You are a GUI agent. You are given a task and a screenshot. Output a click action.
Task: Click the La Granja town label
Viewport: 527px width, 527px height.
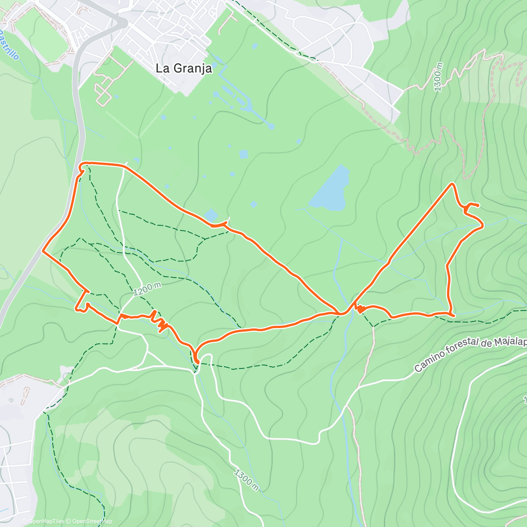coord(184,69)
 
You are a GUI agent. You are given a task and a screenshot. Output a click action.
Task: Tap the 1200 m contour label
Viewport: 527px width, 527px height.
coord(146,289)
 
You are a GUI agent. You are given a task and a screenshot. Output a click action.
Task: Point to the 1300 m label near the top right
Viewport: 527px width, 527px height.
coord(439,77)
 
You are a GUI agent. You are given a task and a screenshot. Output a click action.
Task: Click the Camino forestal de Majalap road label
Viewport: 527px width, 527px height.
coord(470,354)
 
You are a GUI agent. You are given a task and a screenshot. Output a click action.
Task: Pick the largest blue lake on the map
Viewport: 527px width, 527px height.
coord(330,189)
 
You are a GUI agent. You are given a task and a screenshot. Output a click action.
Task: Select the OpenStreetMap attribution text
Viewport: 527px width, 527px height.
coord(90,521)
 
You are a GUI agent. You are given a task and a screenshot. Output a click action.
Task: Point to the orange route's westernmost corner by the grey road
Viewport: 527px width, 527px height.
coord(43,251)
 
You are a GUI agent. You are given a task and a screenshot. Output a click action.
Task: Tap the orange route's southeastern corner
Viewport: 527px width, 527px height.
coord(452,314)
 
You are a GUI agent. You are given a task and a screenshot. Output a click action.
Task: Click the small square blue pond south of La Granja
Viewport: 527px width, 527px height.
coord(244,154)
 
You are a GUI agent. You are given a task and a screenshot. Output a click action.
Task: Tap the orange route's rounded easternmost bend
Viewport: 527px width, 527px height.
coord(482,225)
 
